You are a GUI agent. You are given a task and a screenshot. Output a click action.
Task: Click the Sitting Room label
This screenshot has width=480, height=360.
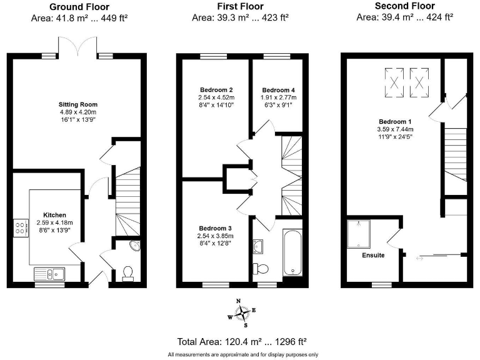point(78,104)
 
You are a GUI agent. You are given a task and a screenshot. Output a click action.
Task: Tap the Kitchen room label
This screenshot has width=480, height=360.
point(54,215)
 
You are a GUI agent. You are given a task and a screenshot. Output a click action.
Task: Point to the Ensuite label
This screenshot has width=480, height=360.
point(373,255)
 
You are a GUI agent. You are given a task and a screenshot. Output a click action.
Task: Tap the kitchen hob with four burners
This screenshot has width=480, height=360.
point(20,227)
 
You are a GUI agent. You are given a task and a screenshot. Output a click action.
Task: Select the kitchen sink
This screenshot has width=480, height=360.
point(48,272)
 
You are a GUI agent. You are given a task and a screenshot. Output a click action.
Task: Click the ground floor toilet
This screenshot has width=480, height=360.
point(128,272)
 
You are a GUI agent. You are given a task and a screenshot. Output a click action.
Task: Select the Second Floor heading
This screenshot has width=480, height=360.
point(404,6)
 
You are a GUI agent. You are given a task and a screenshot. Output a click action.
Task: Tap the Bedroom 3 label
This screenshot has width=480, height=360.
point(216,228)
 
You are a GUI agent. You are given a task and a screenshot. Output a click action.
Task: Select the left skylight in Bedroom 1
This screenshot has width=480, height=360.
point(394,81)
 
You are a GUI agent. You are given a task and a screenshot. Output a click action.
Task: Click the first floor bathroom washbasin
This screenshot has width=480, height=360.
point(259,246)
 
